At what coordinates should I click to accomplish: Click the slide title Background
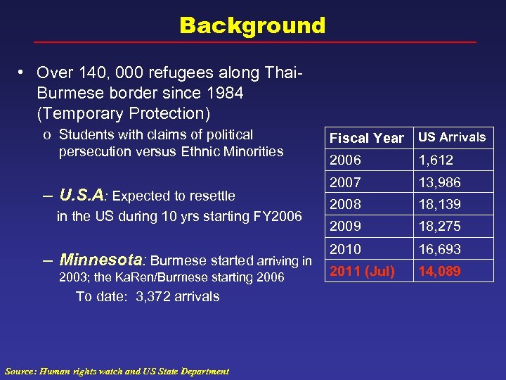pos(252,26)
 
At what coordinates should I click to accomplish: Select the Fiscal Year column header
pos(366,138)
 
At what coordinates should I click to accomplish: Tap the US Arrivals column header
pos(452,137)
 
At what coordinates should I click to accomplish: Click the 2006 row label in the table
pos(345,160)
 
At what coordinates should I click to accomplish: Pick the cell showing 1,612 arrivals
pos(436,160)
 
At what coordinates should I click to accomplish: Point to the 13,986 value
pos(440,182)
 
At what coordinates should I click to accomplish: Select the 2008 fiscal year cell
pos(345,205)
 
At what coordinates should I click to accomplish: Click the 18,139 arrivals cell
pos(440,205)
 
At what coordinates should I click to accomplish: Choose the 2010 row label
pos(345,249)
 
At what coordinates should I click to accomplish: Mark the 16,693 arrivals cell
pos(440,249)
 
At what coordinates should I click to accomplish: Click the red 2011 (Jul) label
pos(363,271)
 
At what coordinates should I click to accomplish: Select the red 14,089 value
pos(440,271)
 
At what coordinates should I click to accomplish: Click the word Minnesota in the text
pos(103,261)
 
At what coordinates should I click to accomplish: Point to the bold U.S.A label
pos(82,194)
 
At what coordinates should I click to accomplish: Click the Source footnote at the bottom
pos(117,371)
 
